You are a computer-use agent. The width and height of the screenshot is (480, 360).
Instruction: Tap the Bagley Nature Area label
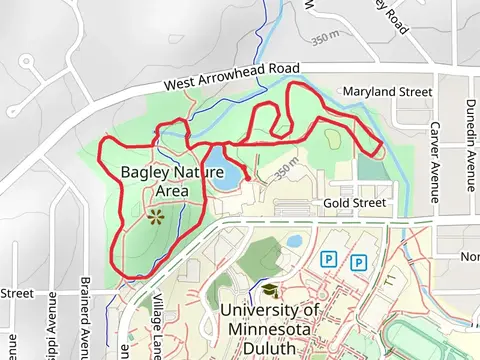tap(165, 181)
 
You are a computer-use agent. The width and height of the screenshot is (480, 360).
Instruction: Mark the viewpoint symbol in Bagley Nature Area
tap(154, 215)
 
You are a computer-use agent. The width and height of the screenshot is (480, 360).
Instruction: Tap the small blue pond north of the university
tap(294, 241)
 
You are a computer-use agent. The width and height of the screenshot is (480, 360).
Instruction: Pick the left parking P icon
tap(327, 260)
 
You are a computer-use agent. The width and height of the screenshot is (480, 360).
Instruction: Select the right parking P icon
tap(358, 262)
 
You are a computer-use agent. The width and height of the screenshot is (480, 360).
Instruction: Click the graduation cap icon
tap(269, 290)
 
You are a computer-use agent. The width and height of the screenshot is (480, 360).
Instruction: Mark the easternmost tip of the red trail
tap(383, 149)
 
